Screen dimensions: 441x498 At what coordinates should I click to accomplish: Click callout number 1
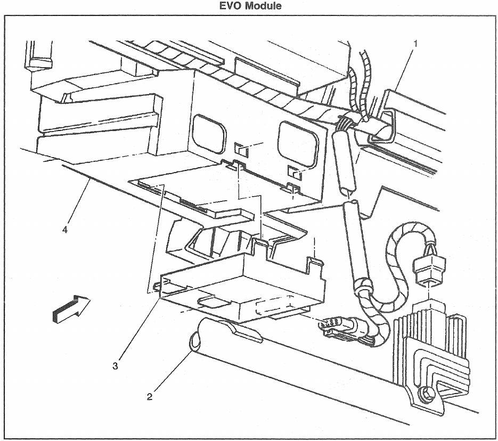pos(415,43)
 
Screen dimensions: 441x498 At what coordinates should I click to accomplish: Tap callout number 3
pos(116,365)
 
